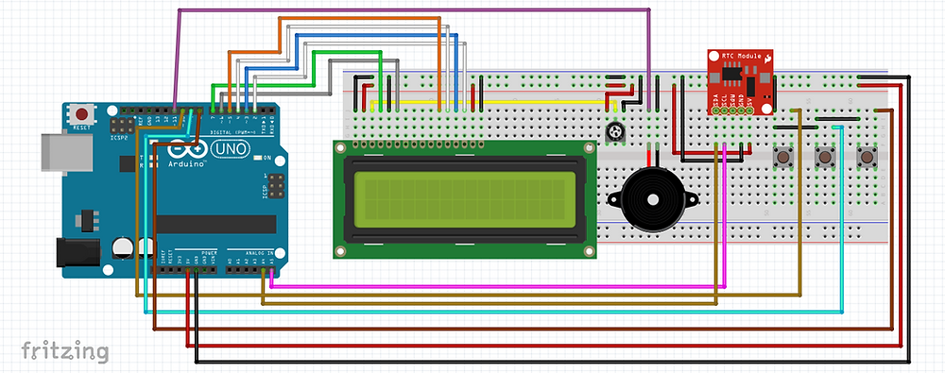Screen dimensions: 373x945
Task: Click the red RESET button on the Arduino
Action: tap(82, 113)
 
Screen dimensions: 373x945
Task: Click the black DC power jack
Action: tap(77, 253)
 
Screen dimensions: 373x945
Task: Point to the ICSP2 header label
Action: tap(120, 137)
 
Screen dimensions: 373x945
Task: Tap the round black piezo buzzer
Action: tap(651, 199)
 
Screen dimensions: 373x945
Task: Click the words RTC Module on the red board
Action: tap(739, 57)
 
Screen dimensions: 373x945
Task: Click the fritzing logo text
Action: tap(64, 351)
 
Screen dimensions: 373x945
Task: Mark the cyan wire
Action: tap(491, 309)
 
